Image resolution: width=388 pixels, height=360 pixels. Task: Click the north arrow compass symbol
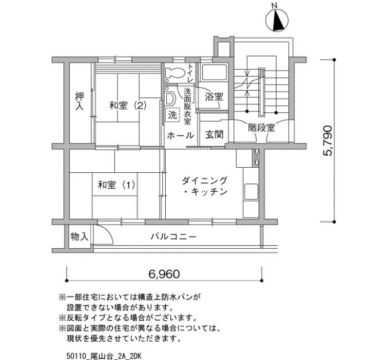click(277, 20)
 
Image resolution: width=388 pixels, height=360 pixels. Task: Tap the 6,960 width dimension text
click(164, 274)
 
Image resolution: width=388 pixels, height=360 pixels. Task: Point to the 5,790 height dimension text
click(327, 140)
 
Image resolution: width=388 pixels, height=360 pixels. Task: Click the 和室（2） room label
click(128, 106)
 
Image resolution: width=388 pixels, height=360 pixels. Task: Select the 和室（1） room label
click(116, 185)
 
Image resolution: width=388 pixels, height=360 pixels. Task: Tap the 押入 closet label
click(79, 101)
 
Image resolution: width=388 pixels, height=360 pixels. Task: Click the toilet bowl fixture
click(175, 73)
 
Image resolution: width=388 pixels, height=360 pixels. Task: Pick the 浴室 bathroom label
click(215, 97)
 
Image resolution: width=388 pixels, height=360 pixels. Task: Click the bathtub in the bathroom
click(214, 72)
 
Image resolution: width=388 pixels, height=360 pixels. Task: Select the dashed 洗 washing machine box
click(172, 115)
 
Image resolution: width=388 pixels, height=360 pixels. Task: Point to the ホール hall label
click(180, 136)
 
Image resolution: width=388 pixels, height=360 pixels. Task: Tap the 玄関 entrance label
click(215, 135)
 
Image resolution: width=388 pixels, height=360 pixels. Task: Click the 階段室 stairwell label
click(262, 127)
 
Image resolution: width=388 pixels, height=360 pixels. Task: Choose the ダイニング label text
click(205, 181)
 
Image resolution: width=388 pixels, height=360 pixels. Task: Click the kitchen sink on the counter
click(251, 192)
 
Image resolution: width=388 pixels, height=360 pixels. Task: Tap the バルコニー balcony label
click(173, 237)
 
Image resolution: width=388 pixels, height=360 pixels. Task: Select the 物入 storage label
click(79, 236)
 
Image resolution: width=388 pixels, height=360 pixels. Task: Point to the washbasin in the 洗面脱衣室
click(170, 99)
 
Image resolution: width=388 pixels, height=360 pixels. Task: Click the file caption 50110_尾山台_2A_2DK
click(104, 356)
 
